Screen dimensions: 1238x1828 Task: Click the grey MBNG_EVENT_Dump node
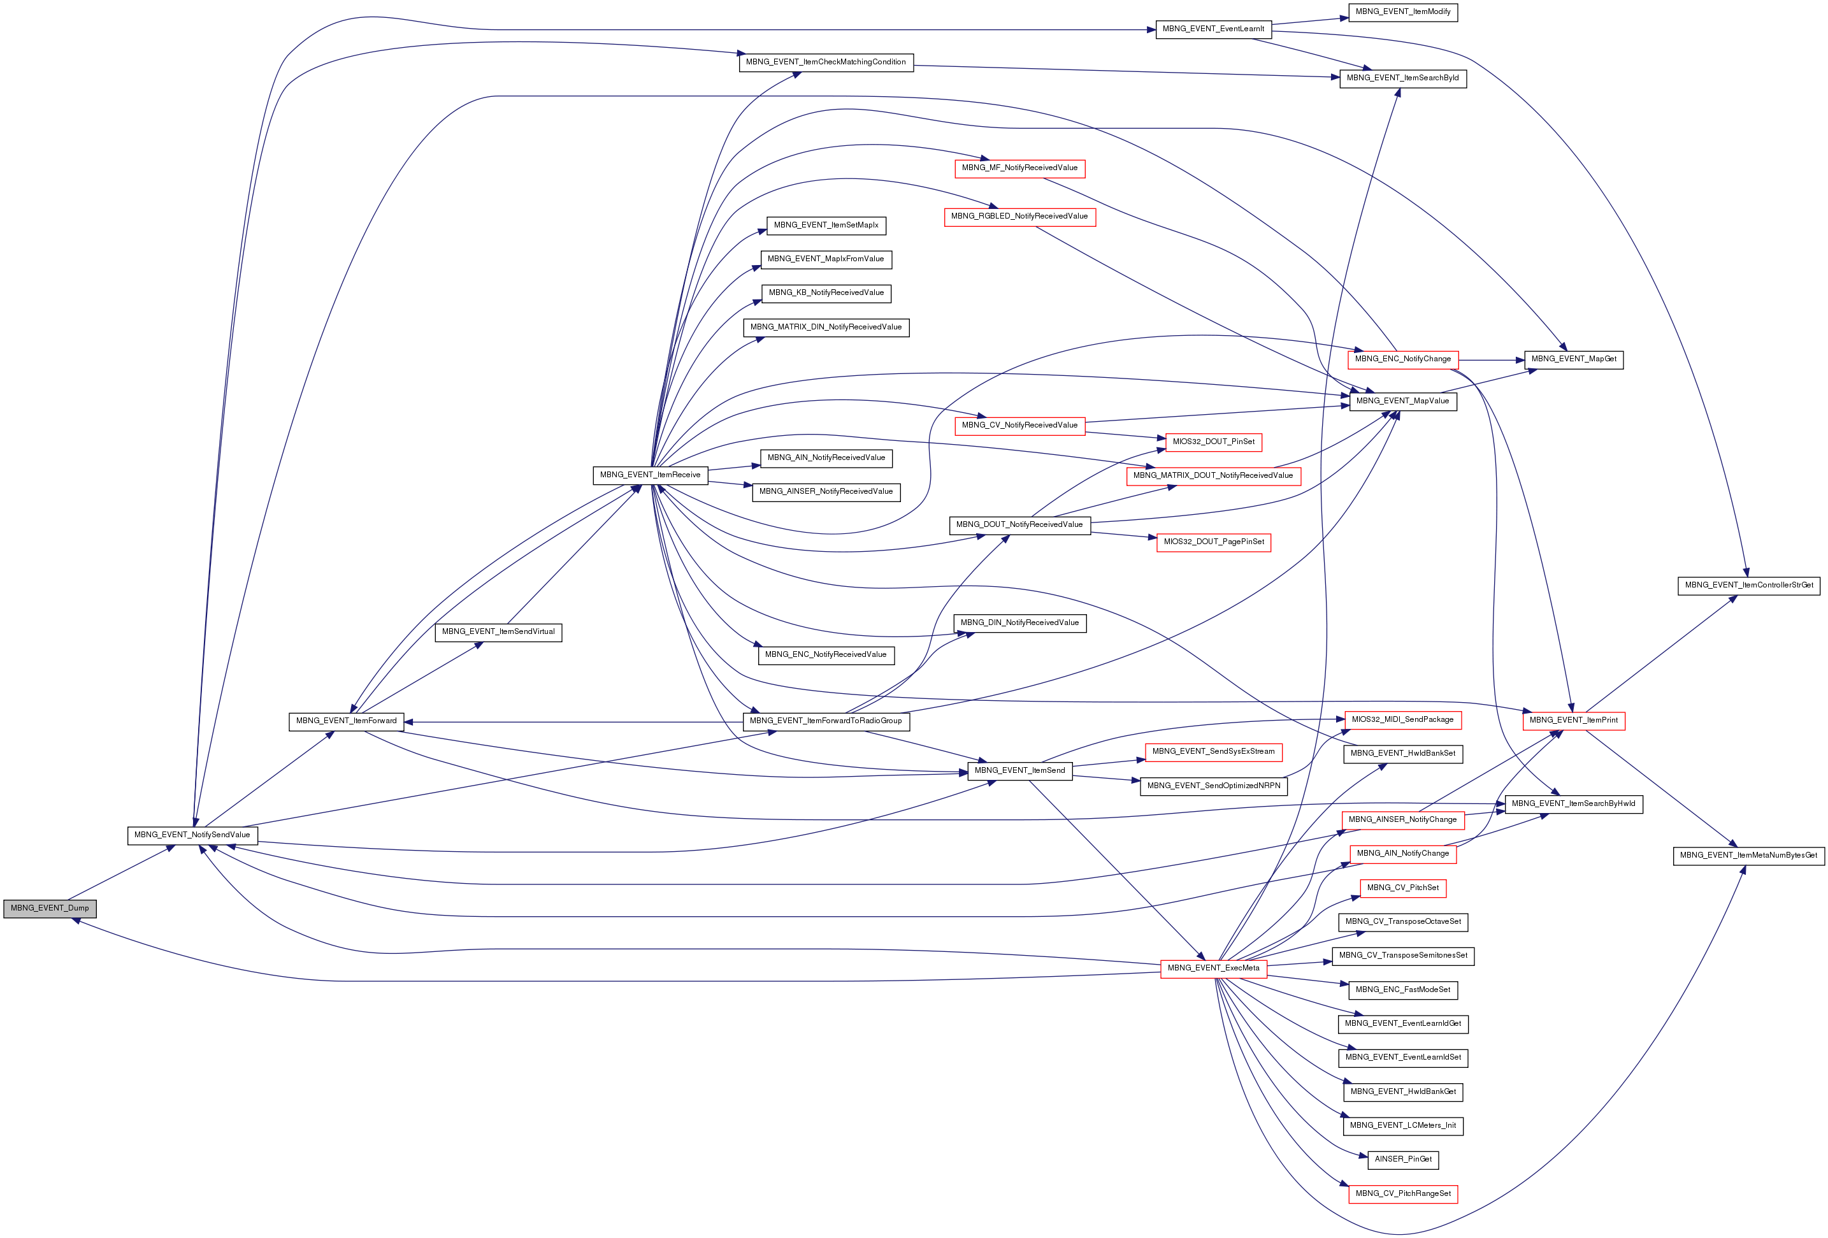tap(50, 908)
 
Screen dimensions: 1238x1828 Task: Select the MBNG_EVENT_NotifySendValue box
tap(192, 835)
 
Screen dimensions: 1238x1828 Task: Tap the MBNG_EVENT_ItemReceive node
tap(650, 475)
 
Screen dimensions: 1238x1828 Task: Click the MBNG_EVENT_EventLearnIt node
tap(1213, 29)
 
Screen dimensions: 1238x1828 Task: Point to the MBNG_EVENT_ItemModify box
tap(1402, 12)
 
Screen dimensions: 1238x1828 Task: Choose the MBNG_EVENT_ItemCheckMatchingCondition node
tap(825, 62)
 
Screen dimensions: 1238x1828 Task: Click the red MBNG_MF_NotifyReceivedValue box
tap(1019, 168)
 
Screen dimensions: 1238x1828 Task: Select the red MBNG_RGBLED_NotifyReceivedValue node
tap(1019, 216)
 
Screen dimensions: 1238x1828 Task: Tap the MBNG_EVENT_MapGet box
tap(1573, 359)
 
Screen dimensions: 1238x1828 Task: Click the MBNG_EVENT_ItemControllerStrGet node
tap(1748, 585)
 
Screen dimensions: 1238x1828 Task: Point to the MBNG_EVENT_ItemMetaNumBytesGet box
tap(1748, 855)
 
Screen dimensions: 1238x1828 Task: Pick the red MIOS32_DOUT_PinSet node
tap(1213, 442)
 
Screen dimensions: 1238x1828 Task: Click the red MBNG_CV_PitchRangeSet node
tap(1402, 1193)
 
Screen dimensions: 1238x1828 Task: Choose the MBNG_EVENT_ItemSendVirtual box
tap(498, 631)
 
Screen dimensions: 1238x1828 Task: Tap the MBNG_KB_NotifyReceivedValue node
tap(826, 292)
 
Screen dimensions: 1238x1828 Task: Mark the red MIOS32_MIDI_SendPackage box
tap(1402, 720)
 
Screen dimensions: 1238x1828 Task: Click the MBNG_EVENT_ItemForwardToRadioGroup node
tap(825, 721)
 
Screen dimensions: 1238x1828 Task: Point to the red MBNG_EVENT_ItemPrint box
tap(1573, 720)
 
